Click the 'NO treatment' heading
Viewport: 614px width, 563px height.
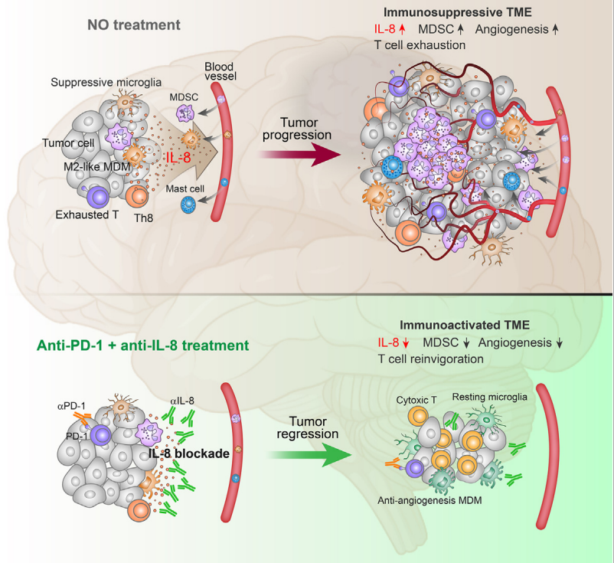coord(133,25)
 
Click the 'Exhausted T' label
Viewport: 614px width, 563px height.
coord(87,215)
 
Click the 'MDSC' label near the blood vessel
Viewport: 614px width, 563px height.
coord(181,97)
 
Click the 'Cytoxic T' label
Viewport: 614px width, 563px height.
coord(420,400)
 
